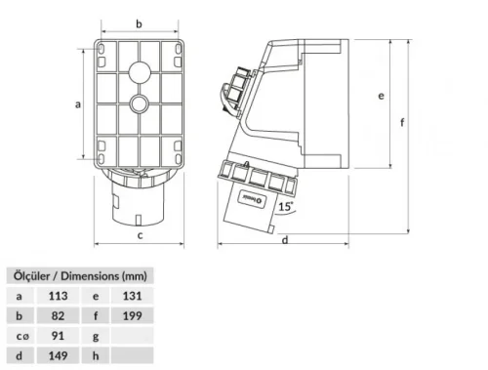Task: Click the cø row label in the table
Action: (x=20, y=337)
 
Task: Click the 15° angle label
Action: (x=283, y=207)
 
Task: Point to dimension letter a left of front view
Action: (x=77, y=103)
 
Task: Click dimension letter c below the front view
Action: (x=140, y=235)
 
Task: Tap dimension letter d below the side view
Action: (x=284, y=239)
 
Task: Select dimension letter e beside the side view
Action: (x=381, y=96)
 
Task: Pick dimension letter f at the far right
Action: (x=402, y=123)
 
